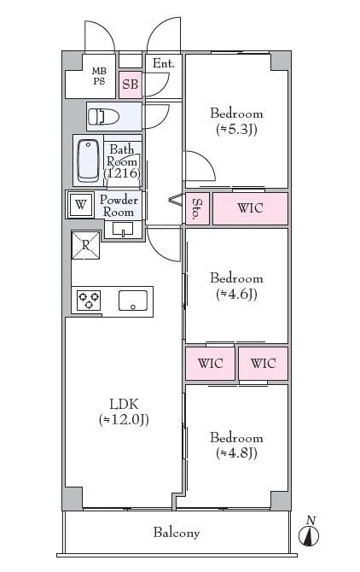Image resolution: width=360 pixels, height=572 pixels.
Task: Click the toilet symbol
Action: pyautogui.click(x=103, y=117)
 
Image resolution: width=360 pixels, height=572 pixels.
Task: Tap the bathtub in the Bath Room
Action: pyautogui.click(x=88, y=161)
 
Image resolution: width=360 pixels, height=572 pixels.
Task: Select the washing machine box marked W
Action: pyautogui.click(x=80, y=205)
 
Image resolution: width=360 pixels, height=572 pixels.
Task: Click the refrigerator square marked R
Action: pyautogui.click(x=85, y=245)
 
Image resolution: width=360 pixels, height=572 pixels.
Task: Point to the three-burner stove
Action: pyautogui.click(x=89, y=301)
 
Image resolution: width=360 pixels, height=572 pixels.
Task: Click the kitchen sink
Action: pyautogui.click(x=133, y=301)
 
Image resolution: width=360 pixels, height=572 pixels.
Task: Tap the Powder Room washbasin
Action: pyautogui.click(x=123, y=230)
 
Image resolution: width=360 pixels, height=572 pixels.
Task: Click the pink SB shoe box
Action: pyautogui.click(x=130, y=85)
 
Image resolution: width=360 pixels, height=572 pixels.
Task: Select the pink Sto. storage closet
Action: pyautogui.click(x=197, y=208)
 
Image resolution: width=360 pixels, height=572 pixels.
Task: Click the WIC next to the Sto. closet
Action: pyautogui.click(x=250, y=208)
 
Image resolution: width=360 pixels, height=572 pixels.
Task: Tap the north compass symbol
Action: pyautogui.click(x=309, y=532)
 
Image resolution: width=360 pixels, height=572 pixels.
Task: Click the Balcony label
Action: pyautogui.click(x=177, y=533)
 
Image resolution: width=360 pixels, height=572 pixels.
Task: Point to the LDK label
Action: pyautogui.click(x=124, y=404)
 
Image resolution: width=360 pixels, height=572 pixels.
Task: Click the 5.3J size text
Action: pyautogui.click(x=236, y=130)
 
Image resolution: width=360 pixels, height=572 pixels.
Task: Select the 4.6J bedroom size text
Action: pyautogui.click(x=236, y=294)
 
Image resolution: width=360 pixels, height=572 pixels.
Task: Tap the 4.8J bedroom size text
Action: pyautogui.click(x=236, y=453)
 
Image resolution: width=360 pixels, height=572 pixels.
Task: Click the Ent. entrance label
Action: pyautogui.click(x=163, y=63)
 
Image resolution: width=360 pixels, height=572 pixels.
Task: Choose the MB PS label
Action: pyautogui.click(x=99, y=76)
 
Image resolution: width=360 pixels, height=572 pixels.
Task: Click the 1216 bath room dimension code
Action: pyautogui.click(x=122, y=172)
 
